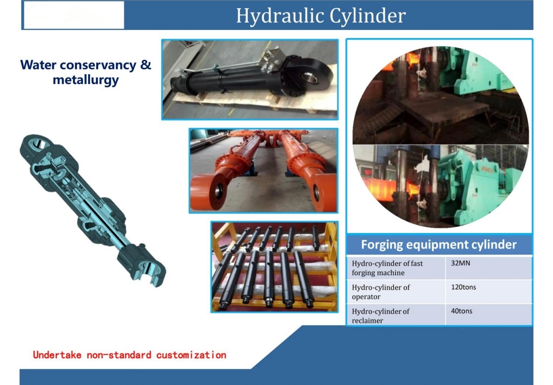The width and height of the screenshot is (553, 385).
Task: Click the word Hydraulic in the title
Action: click(x=280, y=16)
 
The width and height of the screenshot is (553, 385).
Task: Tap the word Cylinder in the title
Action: click(x=368, y=16)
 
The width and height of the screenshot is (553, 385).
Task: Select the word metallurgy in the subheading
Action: click(x=85, y=80)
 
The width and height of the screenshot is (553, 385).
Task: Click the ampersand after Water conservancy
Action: click(x=146, y=65)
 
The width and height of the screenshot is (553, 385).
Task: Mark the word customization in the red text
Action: click(x=191, y=355)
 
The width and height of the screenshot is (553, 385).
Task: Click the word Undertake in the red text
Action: click(x=57, y=355)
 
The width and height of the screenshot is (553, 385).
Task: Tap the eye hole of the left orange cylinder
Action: click(x=219, y=190)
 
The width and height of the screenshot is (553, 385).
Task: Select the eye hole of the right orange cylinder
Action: click(x=316, y=192)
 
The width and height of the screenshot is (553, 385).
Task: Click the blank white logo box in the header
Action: click(x=74, y=15)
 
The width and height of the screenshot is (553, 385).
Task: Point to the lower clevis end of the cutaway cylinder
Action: click(x=143, y=267)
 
